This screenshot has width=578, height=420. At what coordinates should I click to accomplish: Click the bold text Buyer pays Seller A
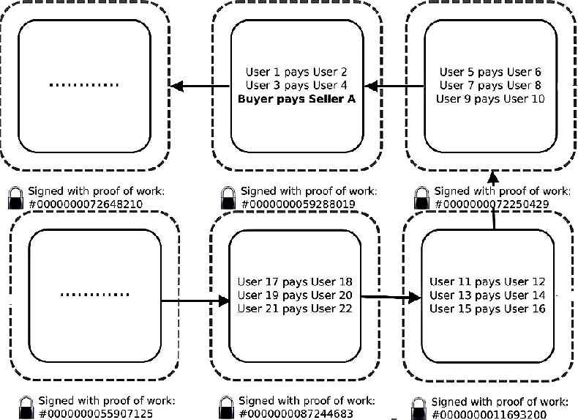(297, 99)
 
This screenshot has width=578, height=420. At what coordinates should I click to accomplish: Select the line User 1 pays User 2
(296, 72)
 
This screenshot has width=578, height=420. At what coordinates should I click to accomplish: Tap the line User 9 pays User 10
(490, 99)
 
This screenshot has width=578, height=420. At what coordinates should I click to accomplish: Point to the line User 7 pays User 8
(490, 85)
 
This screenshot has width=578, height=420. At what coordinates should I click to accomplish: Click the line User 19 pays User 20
(295, 295)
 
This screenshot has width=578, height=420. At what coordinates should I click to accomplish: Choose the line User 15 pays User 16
(487, 309)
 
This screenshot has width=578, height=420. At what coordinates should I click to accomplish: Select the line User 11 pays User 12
(487, 282)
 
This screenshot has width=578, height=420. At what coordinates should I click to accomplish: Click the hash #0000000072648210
(86, 205)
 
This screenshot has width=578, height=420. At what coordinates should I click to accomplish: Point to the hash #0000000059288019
(299, 205)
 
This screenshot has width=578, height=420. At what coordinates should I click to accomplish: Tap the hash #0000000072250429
(492, 205)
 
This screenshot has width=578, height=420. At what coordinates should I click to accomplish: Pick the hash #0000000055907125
(95, 413)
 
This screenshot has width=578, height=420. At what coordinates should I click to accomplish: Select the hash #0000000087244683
(296, 413)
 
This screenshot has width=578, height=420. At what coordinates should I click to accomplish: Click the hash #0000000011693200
(489, 414)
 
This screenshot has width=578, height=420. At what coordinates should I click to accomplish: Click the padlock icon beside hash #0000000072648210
(15, 198)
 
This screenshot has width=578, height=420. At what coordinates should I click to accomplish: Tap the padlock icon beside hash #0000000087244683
(226, 408)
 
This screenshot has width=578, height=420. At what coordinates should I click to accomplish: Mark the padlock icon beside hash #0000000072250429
(421, 198)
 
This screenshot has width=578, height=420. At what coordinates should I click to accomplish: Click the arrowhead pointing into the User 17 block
(224, 301)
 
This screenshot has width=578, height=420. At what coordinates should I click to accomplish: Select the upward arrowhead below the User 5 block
(493, 177)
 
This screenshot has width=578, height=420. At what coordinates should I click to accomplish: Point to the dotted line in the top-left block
(84, 85)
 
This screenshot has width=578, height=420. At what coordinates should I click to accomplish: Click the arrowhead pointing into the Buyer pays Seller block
(371, 86)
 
